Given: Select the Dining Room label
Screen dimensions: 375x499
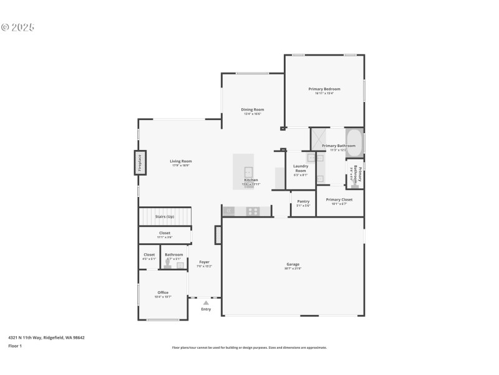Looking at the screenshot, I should [253, 109].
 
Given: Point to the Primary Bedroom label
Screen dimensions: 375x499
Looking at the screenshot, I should [324, 89].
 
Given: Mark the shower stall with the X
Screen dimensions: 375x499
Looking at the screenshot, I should [319, 138].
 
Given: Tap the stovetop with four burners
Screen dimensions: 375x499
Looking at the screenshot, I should [253, 211].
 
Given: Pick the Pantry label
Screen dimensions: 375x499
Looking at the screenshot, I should [303, 201].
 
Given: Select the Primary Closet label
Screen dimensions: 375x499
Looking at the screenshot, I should [339, 199].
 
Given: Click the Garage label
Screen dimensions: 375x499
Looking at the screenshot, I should [293, 264].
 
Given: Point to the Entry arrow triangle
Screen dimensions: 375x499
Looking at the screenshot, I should [206, 302].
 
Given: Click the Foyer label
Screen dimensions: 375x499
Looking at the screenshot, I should [204, 262].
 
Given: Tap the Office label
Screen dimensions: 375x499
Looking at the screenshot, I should [163, 292].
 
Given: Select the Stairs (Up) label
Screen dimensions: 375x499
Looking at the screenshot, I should [164, 216].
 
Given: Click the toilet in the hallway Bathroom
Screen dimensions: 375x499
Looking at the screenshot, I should [167, 265].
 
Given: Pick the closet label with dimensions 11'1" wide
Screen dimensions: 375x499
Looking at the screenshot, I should [164, 233].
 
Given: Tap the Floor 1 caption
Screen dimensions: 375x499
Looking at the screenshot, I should [15, 346].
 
